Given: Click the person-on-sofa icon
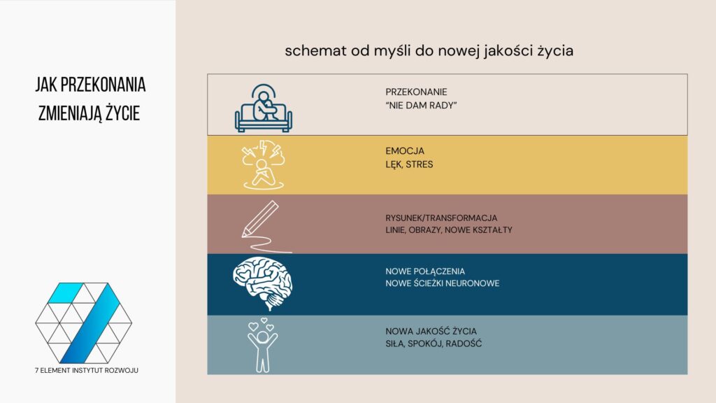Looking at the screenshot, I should coord(263,108).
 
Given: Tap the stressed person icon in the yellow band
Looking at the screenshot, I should coord(262,165).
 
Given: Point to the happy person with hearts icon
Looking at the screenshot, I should coord(263,344).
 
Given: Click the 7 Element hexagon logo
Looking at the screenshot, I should coord(84,323).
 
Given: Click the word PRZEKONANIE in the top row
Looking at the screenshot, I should coord(416,92).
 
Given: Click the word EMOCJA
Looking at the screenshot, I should coord(405,151).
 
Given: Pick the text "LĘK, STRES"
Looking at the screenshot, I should coord(409,164).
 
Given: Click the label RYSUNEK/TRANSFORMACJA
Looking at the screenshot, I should coord(441,217).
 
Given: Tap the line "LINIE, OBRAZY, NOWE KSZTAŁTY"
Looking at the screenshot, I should coord(448,230).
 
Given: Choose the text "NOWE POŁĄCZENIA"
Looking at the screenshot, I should coord(425,270).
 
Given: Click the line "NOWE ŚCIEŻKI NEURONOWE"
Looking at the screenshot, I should coord(442,283).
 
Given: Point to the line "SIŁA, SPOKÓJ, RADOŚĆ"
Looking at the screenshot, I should coord(434,344).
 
